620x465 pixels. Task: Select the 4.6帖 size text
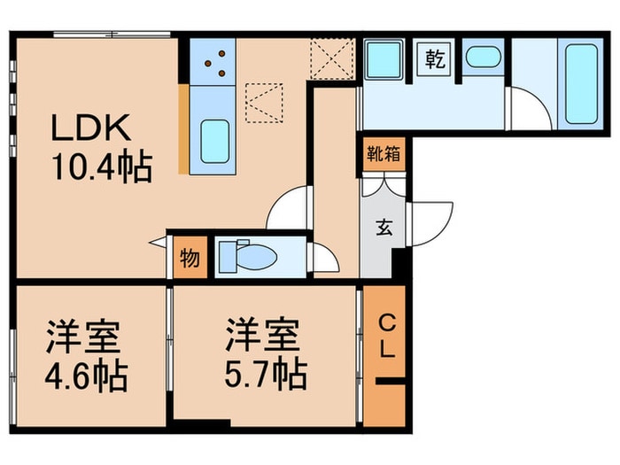pyautogui.click(x=86, y=376)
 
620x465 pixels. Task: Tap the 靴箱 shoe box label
pyautogui.click(x=383, y=151)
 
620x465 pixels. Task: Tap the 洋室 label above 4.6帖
pyautogui.click(x=86, y=337)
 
